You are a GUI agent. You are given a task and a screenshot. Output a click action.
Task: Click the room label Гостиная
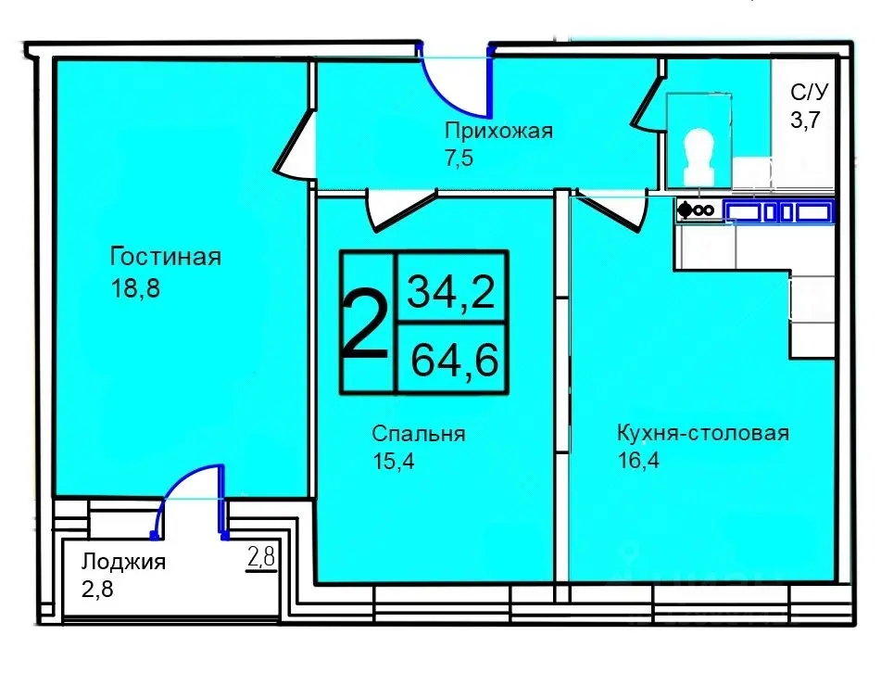(165, 256)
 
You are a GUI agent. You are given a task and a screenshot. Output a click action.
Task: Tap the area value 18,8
(135, 288)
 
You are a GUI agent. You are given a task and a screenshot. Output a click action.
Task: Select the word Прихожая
(497, 130)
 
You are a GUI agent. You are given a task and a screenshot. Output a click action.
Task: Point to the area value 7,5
(459, 157)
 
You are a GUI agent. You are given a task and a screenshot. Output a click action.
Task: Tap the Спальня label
(418, 433)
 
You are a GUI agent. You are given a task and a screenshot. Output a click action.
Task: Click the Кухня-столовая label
(702, 433)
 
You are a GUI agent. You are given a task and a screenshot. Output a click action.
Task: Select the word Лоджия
(123, 562)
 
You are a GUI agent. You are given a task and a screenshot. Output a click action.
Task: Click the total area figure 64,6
(451, 358)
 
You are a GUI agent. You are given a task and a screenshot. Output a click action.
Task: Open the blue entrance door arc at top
(454, 74)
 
